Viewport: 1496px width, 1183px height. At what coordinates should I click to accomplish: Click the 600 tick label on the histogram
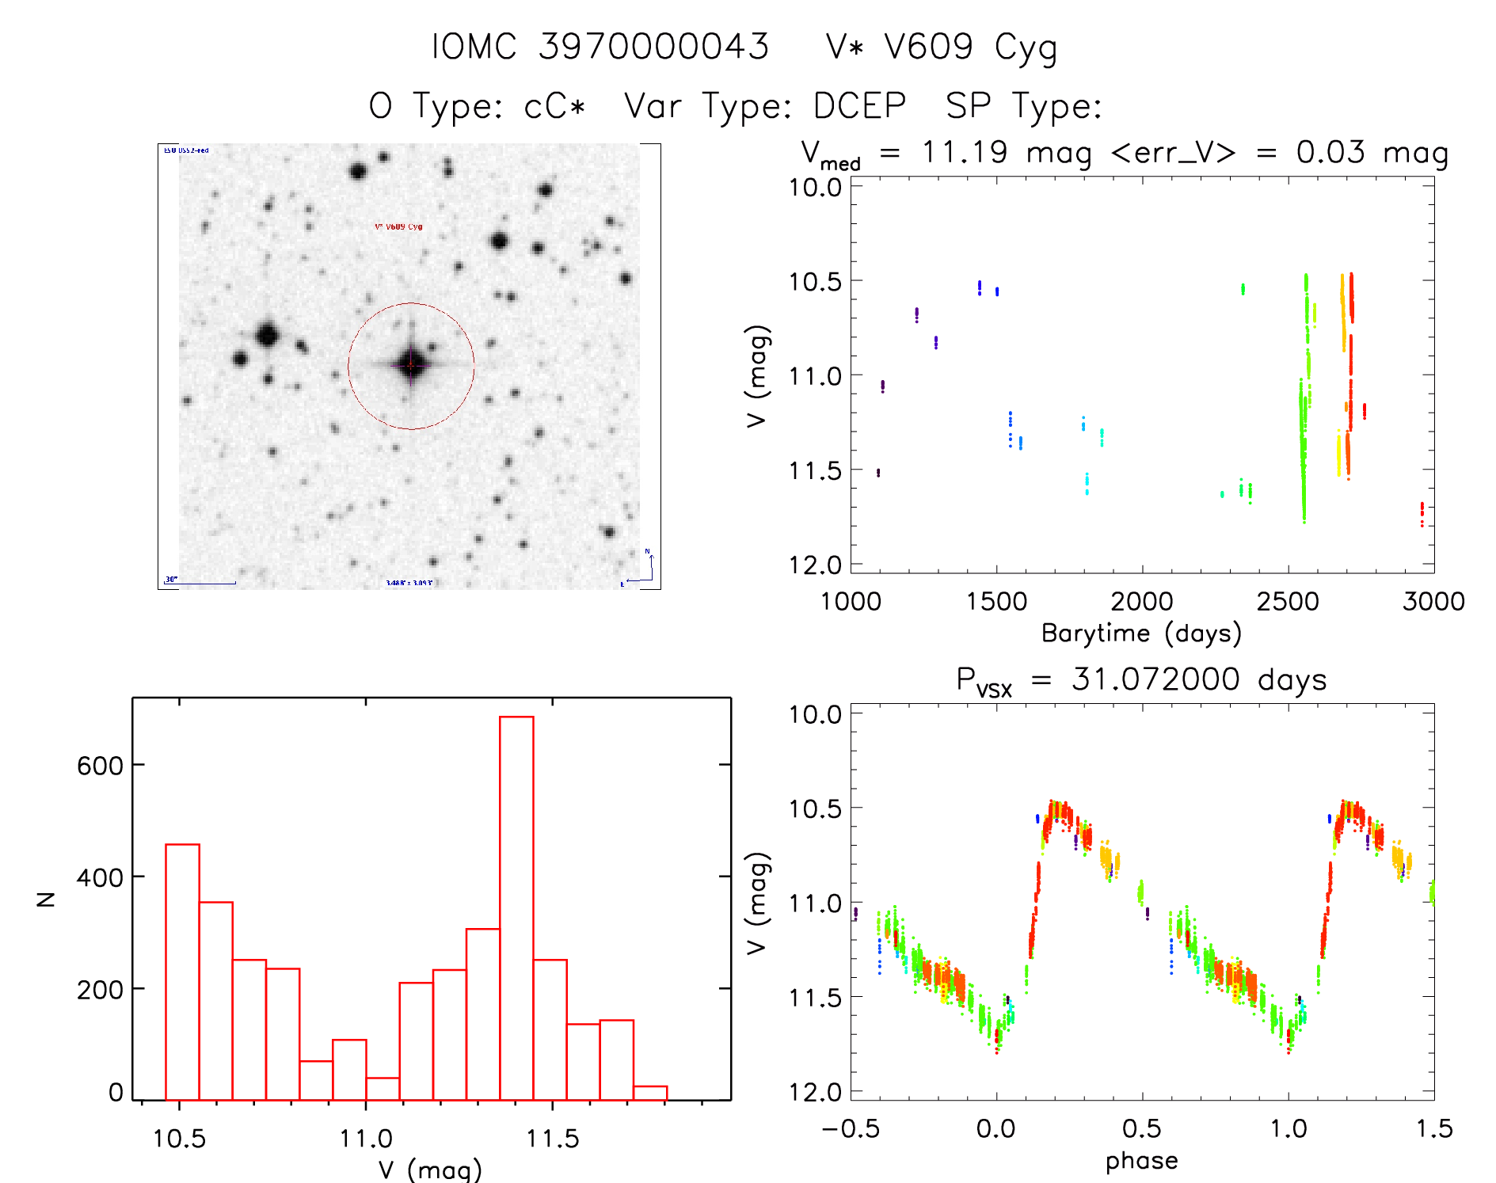point(100,766)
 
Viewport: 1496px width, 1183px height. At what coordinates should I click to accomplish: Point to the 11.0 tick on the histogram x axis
point(366,1139)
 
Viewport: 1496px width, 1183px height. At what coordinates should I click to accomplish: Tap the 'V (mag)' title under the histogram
point(430,1169)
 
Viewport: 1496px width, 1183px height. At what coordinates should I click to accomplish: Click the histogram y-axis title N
point(47,899)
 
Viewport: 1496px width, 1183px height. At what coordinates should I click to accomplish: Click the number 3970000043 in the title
point(654,47)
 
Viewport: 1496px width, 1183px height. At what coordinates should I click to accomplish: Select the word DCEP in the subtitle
point(859,106)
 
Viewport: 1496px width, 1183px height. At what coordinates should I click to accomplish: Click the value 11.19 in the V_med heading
point(965,152)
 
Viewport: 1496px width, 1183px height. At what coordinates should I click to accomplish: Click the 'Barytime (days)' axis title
point(1141,633)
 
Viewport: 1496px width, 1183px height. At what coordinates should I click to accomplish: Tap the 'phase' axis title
point(1141,1161)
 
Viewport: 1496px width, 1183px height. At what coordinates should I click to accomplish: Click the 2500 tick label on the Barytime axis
point(1288,602)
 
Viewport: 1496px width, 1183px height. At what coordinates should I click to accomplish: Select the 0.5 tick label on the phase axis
point(1141,1129)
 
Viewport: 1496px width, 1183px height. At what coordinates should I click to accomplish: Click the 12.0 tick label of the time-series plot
point(815,565)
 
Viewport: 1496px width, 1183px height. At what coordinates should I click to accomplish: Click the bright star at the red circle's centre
point(411,365)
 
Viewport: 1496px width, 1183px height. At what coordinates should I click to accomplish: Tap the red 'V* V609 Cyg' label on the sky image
point(398,226)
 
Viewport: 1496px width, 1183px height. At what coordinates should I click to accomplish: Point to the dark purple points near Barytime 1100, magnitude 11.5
point(877,473)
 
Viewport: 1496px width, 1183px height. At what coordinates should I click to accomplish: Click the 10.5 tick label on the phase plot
point(815,808)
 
